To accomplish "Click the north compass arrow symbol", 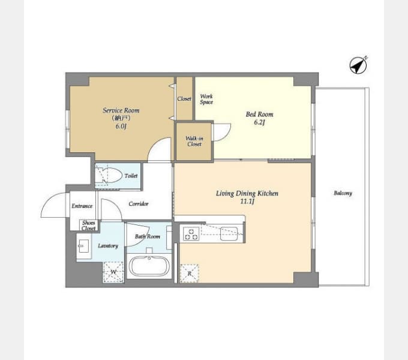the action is (358, 65).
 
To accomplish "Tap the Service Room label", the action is (121, 110).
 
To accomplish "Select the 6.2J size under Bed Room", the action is (259, 122).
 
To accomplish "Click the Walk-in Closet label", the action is (194, 141).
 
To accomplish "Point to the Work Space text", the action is (206, 99).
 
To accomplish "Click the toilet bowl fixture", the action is (109, 176).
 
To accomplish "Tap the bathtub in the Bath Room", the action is (149, 266).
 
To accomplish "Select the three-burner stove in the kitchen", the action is (191, 233).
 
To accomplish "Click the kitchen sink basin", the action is (229, 233).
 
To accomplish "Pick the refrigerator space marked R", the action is (190, 274).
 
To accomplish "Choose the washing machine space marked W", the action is (113, 272).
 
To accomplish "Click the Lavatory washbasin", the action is (84, 246).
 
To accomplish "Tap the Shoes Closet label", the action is (88, 226).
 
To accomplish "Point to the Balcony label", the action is (343, 193).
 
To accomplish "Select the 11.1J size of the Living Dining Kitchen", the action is (247, 202).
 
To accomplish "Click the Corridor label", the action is (139, 204).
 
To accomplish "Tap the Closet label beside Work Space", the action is (184, 99).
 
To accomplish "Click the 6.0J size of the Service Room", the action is (121, 127).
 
